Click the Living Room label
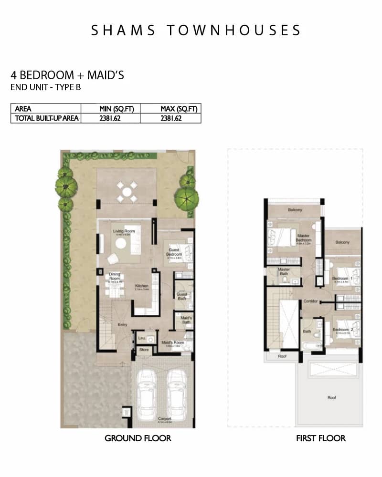(124, 232)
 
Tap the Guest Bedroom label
(174, 252)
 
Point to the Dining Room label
(115, 276)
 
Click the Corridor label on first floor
(310, 301)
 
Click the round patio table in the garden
(127, 192)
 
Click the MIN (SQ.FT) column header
(113, 109)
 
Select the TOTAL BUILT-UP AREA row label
(46, 118)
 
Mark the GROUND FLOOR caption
(138, 438)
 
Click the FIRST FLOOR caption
(320, 438)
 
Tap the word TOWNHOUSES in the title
(234, 31)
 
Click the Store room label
(144, 350)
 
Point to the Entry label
(123, 325)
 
